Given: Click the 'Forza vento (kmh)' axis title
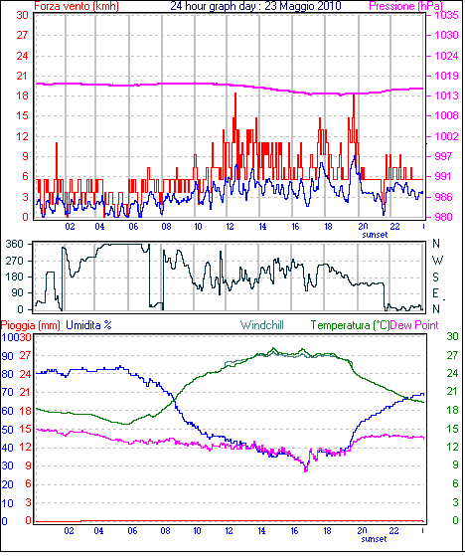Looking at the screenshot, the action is pos(77,6).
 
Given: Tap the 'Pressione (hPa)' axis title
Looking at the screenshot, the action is pos(405,6).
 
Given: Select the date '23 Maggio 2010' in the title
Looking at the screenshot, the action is pos(303,6).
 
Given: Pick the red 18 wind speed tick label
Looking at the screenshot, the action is pos(22,95).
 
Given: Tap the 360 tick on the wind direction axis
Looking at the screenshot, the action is pos(15,244).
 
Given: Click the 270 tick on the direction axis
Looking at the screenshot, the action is pos(15,261).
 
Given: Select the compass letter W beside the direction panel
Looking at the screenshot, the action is pos(438,261).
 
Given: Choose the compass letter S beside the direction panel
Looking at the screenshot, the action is pos(436,277).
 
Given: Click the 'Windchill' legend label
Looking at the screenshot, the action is pos(262,325).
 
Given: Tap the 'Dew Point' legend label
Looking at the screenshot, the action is pos(414,325).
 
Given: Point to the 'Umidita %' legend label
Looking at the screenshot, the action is pos(88,325).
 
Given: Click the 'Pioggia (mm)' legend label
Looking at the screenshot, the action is pos(31,325).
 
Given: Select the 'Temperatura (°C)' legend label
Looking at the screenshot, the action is pos(350,325).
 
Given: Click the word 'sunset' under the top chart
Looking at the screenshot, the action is pos(375,235).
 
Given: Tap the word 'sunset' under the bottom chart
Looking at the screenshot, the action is pos(374,539).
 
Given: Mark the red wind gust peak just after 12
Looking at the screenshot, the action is pos(235,93).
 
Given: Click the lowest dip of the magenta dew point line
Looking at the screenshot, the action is pos(306,470).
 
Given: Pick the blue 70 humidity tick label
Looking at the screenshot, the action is pos(7,392).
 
